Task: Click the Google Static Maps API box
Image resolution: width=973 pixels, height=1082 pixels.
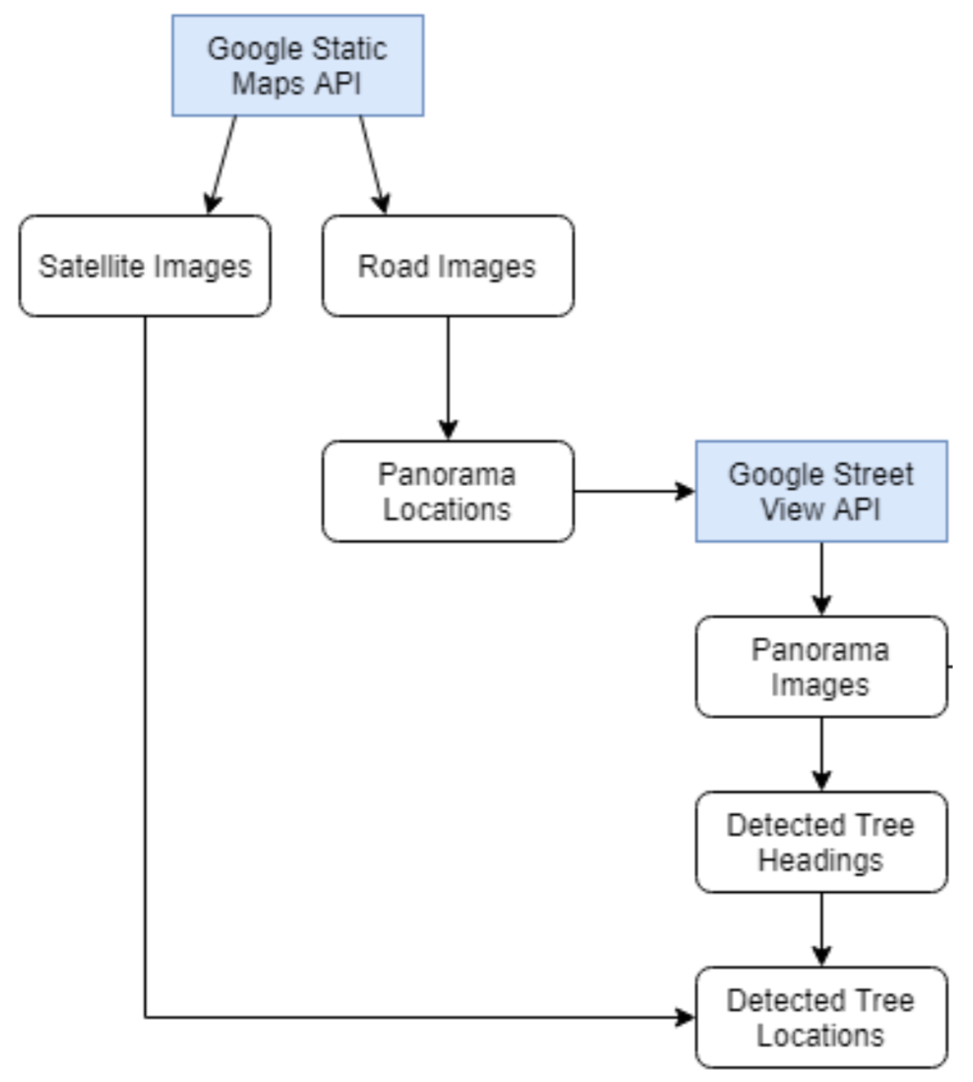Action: point(298,65)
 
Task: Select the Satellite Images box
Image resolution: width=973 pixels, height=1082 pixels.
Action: point(145,266)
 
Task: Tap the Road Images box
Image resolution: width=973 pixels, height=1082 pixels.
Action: point(447,266)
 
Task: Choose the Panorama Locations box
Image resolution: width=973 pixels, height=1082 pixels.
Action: point(447,491)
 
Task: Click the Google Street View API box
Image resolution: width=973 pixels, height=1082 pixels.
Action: point(821,491)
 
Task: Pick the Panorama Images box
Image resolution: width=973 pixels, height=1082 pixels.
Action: point(821,667)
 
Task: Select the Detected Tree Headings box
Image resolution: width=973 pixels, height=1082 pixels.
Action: point(821,842)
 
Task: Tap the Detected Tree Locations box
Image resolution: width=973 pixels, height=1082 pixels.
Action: point(821,1017)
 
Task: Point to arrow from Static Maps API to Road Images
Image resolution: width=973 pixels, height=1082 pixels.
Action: point(372,163)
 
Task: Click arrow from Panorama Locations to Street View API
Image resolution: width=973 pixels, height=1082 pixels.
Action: point(633,491)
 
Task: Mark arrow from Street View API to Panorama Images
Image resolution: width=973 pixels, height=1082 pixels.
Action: point(822,577)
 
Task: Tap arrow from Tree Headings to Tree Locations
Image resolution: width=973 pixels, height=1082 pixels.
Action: point(822,928)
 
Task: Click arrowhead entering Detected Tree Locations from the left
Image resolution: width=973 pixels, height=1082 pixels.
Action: point(684,1017)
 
